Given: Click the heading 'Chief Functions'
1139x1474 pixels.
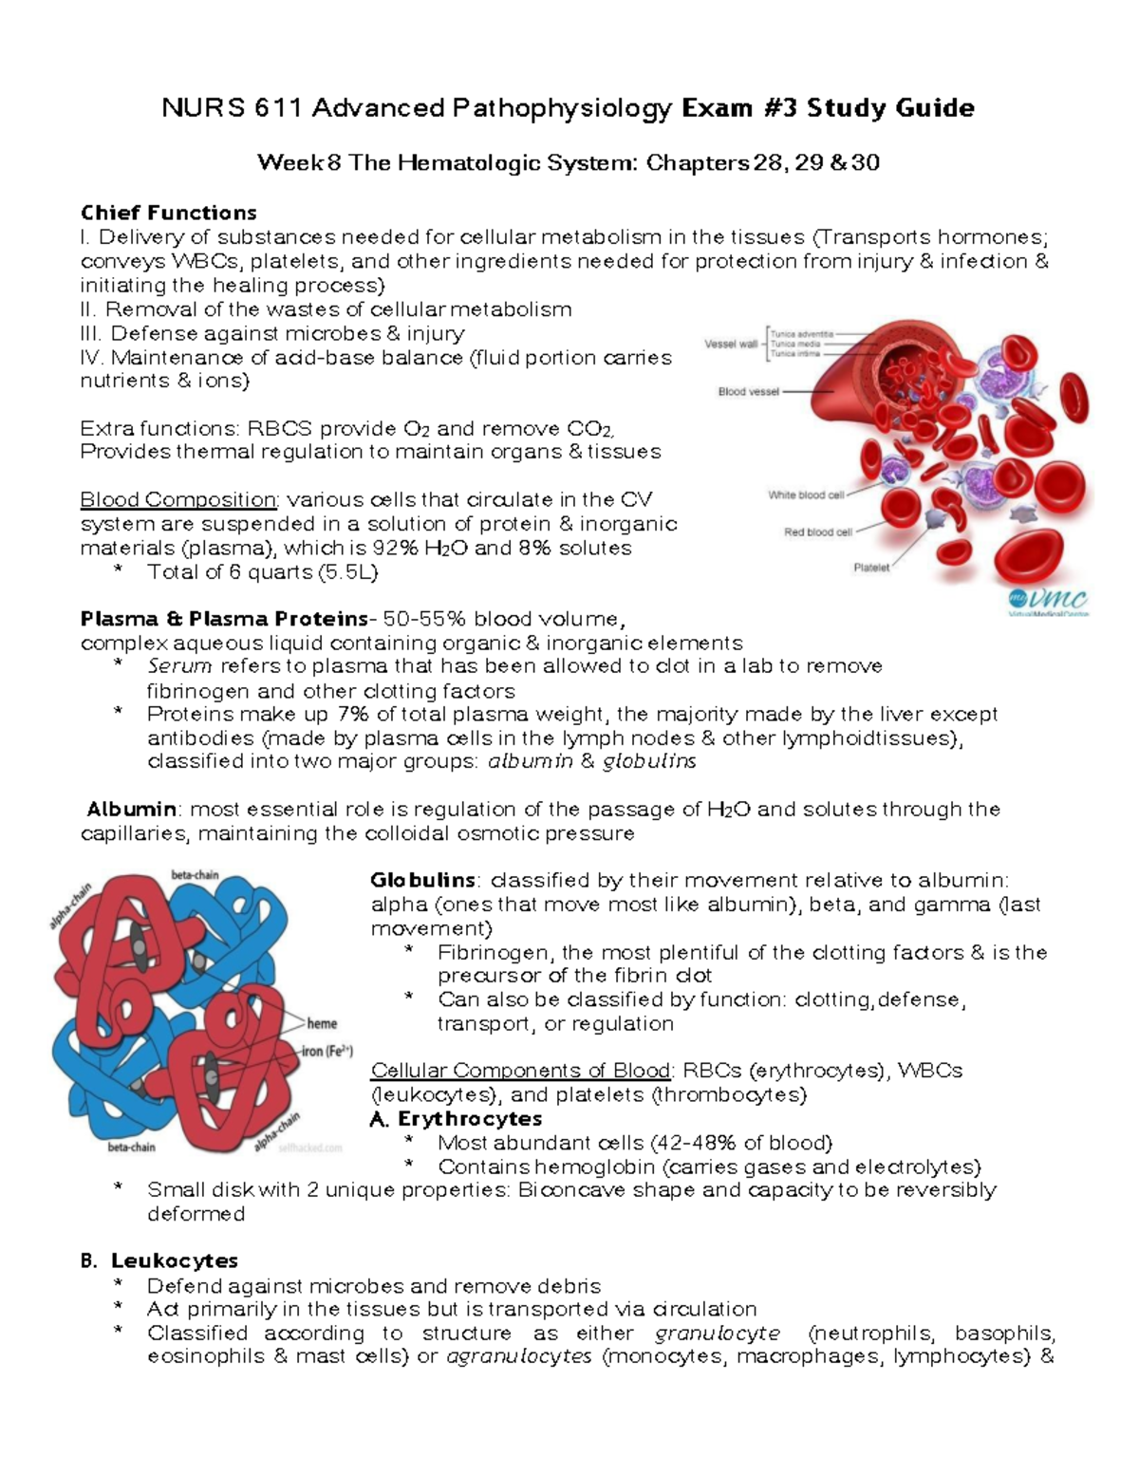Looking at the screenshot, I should click(x=168, y=212).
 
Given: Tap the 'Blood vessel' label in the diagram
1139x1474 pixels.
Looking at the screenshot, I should click(x=748, y=391).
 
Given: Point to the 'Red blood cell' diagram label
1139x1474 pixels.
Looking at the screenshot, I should click(x=817, y=532).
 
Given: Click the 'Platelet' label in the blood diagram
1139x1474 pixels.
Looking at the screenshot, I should click(x=870, y=568).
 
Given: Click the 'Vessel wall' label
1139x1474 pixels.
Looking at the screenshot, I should click(x=731, y=344).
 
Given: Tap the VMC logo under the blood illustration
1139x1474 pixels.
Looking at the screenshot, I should click(x=1047, y=601).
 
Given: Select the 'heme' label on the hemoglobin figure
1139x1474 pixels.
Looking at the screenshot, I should click(x=322, y=1023).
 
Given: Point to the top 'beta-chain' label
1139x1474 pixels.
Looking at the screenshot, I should click(x=195, y=874).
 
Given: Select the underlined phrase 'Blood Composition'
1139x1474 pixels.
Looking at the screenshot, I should click(x=178, y=499).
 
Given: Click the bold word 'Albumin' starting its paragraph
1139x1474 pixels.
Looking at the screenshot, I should click(x=131, y=810).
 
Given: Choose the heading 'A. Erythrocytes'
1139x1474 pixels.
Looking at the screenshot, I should click(x=456, y=1118).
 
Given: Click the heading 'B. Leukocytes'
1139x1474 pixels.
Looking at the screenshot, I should click(x=159, y=1260).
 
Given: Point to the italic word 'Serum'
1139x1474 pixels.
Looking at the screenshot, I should click(x=179, y=666).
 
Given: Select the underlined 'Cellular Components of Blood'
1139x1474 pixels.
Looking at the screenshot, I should click(x=521, y=1071).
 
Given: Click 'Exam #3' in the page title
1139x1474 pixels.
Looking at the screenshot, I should click(x=739, y=108).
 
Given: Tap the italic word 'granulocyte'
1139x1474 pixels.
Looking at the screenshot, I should click(x=718, y=1333).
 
